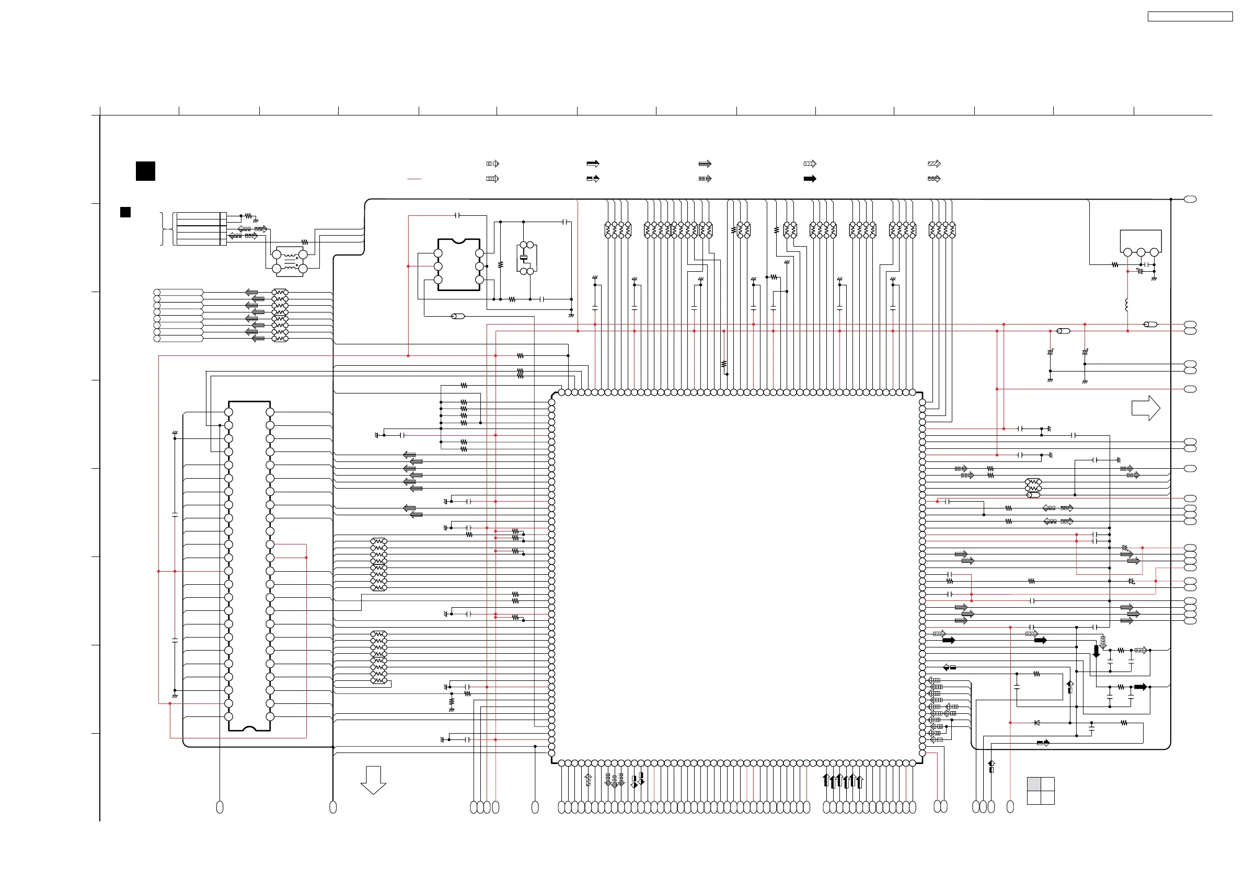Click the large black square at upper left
145,171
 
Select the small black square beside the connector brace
125,212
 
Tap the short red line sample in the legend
414,178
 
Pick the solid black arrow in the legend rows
810,179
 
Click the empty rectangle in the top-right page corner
1190,17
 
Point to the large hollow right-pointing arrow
1145,408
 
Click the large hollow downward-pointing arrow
373,780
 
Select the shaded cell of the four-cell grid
1034,783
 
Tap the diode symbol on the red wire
1037,723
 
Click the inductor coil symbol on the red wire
1127,305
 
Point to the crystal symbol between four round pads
524,258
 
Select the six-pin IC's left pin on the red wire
438,266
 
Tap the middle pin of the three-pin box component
1141,252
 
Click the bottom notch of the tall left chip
249,729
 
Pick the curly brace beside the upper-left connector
162,229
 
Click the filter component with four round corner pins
290,261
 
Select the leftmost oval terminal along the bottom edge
220,807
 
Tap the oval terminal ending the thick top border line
1190,200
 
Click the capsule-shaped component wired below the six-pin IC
458,316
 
